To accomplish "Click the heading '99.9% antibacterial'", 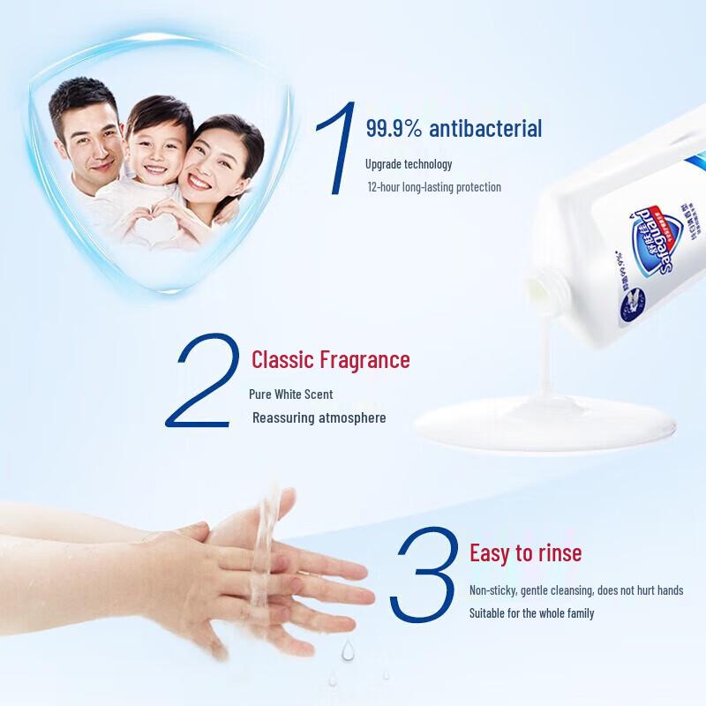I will click(x=454, y=129).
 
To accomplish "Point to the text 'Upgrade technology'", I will click(x=409, y=164).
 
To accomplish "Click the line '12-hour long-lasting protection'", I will click(x=434, y=187).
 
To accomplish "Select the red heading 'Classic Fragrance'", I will click(x=331, y=360).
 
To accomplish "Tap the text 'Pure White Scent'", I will click(x=291, y=394).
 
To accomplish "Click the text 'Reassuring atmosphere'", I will click(x=319, y=417).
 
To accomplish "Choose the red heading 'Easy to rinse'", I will click(x=525, y=553).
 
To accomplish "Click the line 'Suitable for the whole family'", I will click(x=531, y=613).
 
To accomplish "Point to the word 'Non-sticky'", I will click(x=492, y=590).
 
